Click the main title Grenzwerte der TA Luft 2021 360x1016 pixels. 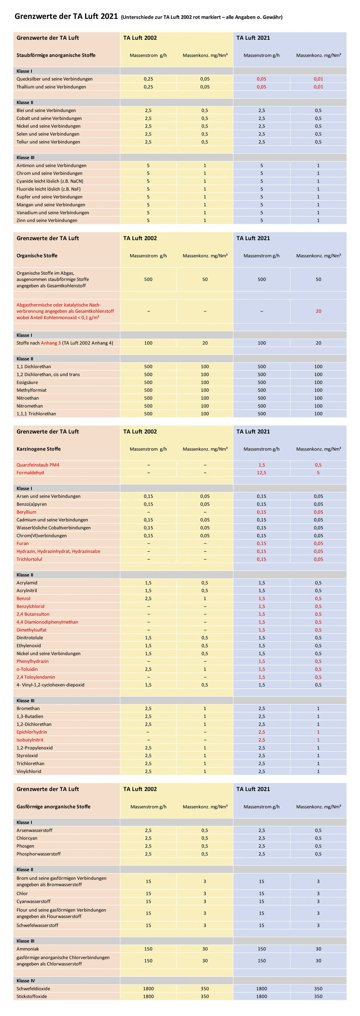[x=66, y=17]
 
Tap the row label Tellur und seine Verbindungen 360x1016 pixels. [x=48, y=142]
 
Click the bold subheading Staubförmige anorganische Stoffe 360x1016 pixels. [x=56, y=55]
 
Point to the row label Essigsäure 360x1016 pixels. [x=27, y=382]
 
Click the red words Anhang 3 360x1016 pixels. [x=51, y=343]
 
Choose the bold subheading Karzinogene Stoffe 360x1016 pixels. [x=39, y=449]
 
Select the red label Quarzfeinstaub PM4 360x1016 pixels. [x=38, y=464]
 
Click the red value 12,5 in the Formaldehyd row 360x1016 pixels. [x=262, y=473]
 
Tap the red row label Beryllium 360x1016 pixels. [x=27, y=512]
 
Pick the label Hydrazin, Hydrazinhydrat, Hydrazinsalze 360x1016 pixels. [x=58, y=552]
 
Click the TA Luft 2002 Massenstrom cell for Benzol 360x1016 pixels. [x=148, y=598]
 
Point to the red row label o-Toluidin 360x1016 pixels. [x=27, y=669]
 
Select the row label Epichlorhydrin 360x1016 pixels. [x=32, y=732]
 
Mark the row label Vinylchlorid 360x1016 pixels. [x=29, y=771]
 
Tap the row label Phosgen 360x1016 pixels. [x=25, y=846]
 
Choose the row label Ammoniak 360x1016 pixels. [x=28, y=949]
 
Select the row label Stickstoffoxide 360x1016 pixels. [x=32, y=996]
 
